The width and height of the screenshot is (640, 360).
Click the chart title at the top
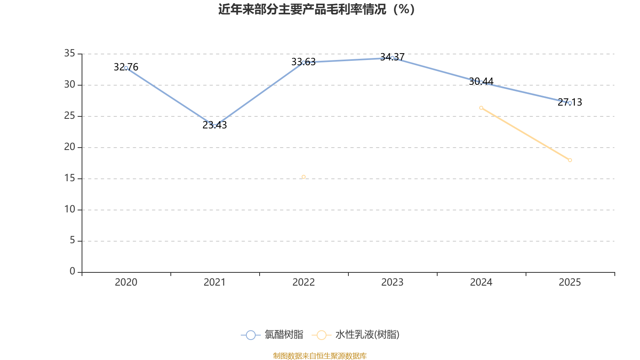[316, 10]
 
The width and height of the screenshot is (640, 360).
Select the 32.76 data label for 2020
[126, 67]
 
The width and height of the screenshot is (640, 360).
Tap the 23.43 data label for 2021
[214, 125]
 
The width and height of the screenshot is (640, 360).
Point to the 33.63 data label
[304, 62]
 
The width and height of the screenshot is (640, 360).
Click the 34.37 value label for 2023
[392, 57]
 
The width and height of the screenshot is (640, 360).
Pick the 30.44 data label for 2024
[481, 82]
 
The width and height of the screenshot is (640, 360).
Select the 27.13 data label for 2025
[570, 102]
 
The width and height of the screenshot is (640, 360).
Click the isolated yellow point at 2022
[304, 177]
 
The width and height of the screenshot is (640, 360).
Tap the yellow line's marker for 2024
[481, 108]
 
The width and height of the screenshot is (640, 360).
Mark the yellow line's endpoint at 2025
[570, 160]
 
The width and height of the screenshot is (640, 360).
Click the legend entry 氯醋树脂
[272, 334]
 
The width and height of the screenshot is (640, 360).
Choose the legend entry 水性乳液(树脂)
[356, 334]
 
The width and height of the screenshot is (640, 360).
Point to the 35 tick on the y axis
[70, 54]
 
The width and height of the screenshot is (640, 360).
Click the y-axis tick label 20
[70, 147]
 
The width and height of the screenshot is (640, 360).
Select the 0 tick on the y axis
[72, 272]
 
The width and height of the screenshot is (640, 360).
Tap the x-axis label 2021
[214, 282]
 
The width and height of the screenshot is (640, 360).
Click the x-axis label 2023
[392, 282]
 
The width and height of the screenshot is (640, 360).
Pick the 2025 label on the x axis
[570, 282]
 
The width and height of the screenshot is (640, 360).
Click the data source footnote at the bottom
[320, 356]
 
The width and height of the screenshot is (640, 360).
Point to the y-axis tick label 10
[70, 210]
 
